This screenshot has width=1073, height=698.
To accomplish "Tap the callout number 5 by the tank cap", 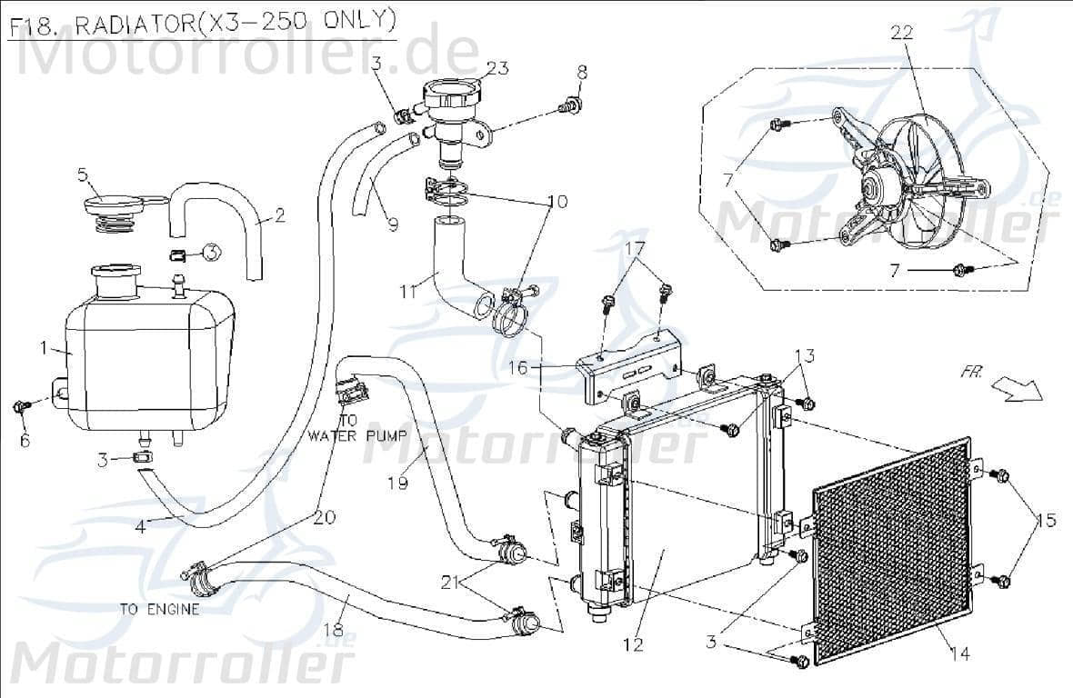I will click(82, 174).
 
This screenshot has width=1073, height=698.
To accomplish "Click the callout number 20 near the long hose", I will click(325, 518).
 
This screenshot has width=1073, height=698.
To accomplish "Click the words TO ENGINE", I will click(159, 609).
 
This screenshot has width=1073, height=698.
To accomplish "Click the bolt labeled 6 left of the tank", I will click(22, 406).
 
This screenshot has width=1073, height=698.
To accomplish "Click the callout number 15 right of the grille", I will click(1046, 521).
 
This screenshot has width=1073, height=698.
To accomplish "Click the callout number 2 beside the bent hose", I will click(279, 216).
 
